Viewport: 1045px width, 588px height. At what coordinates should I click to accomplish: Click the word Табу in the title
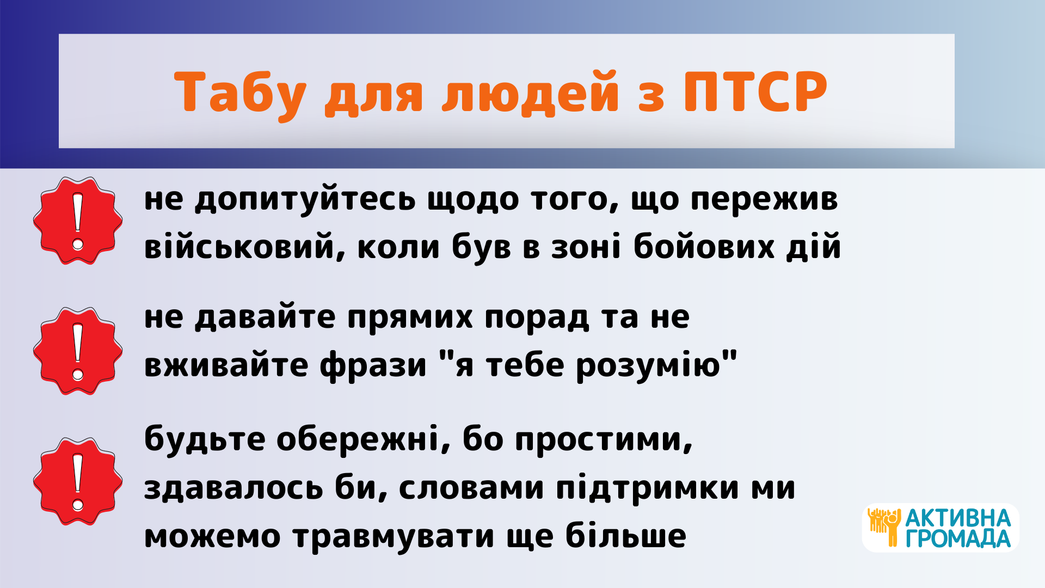[x=240, y=93]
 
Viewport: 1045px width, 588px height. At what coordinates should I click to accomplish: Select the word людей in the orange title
[x=530, y=93]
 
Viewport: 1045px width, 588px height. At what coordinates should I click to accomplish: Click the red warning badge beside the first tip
[x=78, y=220]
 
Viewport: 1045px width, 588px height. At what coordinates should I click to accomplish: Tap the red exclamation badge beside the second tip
[x=78, y=351]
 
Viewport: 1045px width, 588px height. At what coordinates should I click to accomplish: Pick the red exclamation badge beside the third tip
[x=78, y=481]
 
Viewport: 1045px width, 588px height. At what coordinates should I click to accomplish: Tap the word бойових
[x=704, y=246]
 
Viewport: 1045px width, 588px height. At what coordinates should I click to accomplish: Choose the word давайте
[x=265, y=318]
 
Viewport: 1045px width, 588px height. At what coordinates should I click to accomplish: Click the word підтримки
[x=648, y=488]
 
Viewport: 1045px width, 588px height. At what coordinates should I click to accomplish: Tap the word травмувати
[x=394, y=537]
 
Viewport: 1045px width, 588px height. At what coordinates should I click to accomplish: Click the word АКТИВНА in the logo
[x=958, y=518]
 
